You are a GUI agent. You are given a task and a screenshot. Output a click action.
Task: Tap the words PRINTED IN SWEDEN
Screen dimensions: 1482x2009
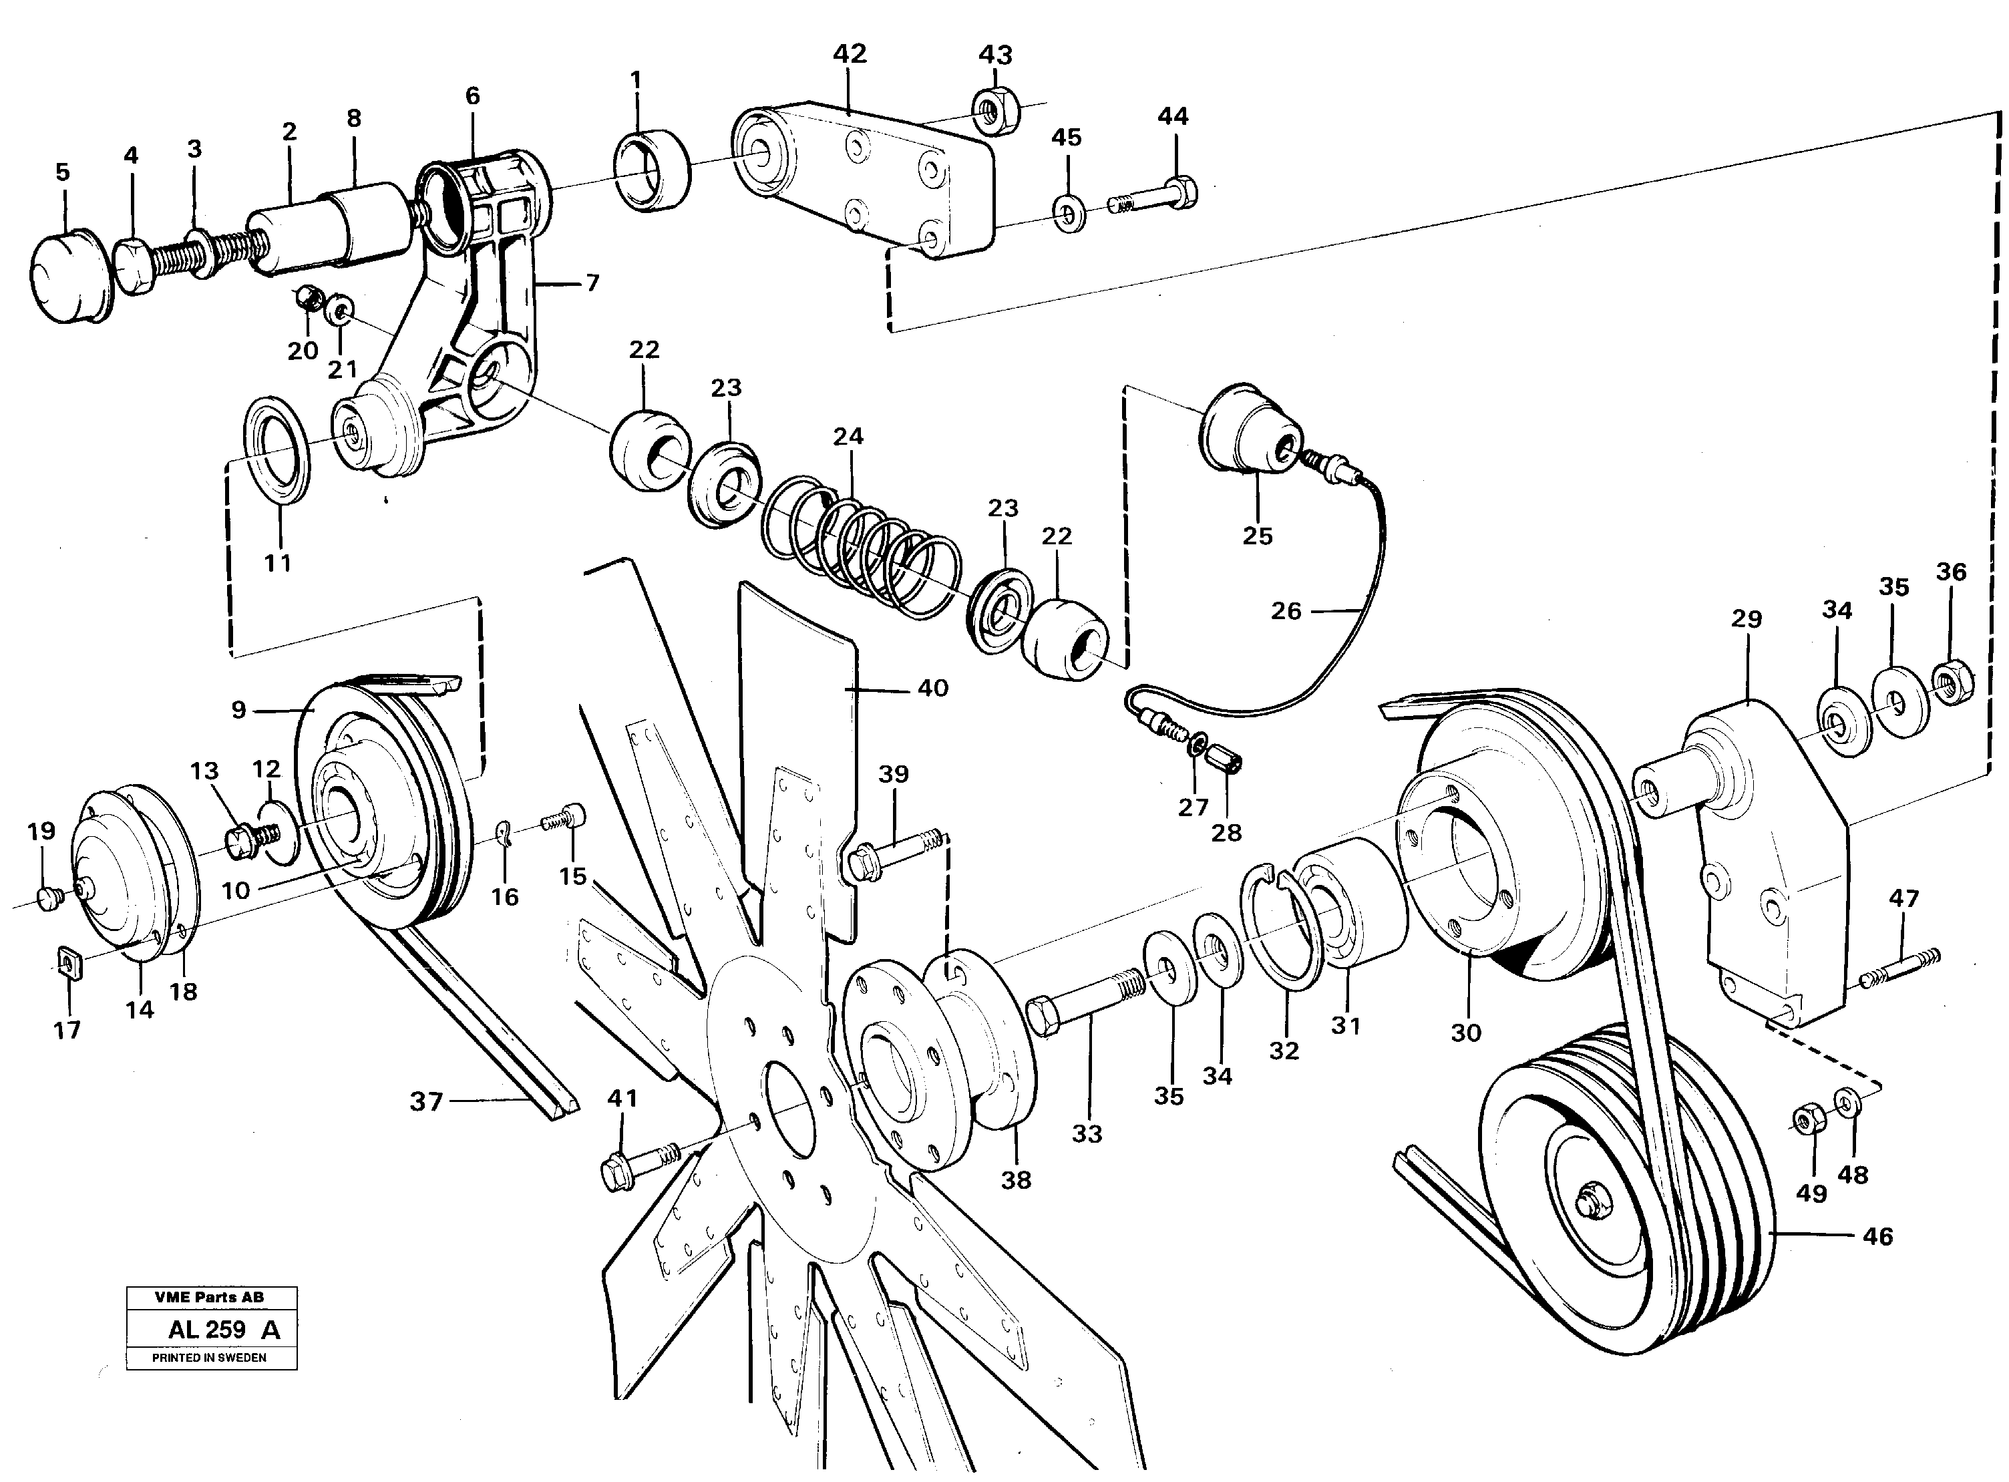pos(209,1357)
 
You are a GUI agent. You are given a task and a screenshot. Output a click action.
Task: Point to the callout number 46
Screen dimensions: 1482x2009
pos(1877,1236)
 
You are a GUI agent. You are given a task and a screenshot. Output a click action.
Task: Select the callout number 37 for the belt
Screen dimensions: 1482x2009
pos(426,1101)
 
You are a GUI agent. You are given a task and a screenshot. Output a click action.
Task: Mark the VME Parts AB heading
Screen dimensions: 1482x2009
pos(209,1297)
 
